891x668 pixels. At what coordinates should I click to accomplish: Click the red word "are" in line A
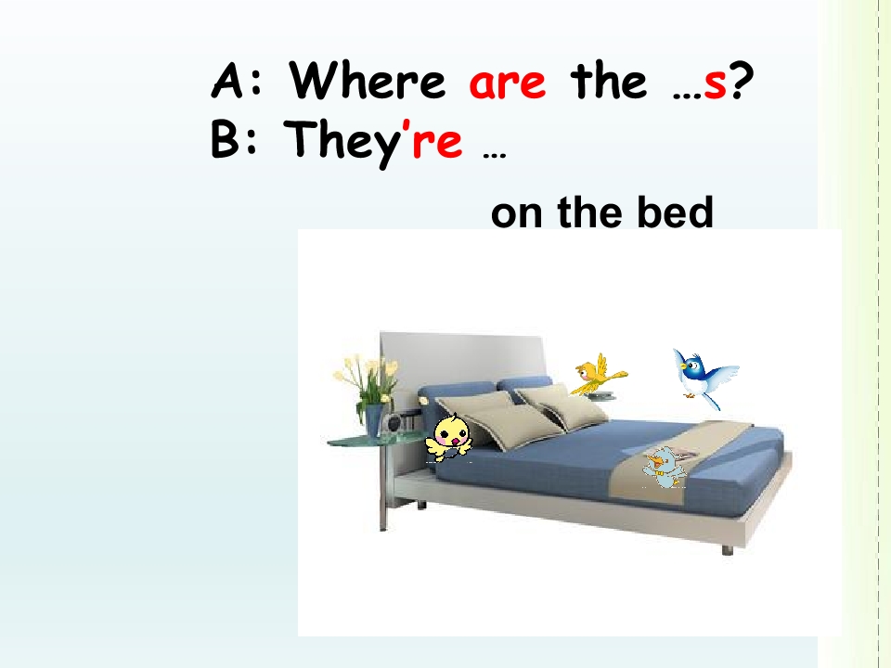point(508,83)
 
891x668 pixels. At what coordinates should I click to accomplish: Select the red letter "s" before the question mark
point(714,83)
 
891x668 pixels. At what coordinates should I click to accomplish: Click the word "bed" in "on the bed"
point(674,214)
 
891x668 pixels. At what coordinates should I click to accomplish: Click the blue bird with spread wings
point(704,377)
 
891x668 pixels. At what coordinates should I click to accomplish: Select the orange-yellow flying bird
point(598,373)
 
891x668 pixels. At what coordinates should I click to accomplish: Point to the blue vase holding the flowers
point(374,418)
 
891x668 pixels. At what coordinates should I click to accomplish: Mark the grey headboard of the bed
point(464,357)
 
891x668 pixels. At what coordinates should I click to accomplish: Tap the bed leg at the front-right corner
point(727,548)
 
